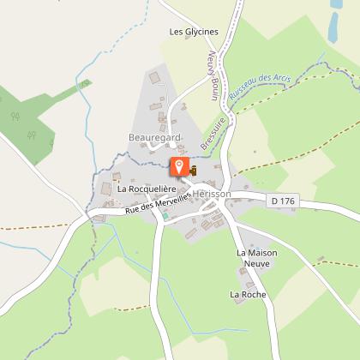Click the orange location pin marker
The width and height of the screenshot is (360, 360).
click(x=179, y=166)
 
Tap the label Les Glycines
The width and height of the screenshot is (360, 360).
click(x=195, y=32)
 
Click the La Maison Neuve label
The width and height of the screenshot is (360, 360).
click(x=259, y=259)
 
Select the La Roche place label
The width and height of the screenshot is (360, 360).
click(x=248, y=294)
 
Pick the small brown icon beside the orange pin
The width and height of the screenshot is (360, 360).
click(x=193, y=171)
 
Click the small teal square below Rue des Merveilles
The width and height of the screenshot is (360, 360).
click(x=166, y=216)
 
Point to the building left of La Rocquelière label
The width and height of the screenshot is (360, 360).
click(x=105, y=187)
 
